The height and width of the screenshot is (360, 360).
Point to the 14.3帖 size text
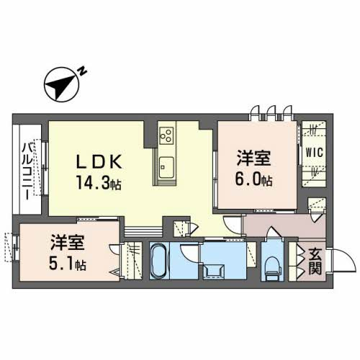coord(98,183)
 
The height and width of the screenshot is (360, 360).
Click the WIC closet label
coord(313,152)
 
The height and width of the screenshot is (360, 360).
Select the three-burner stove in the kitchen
coord(166,135)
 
